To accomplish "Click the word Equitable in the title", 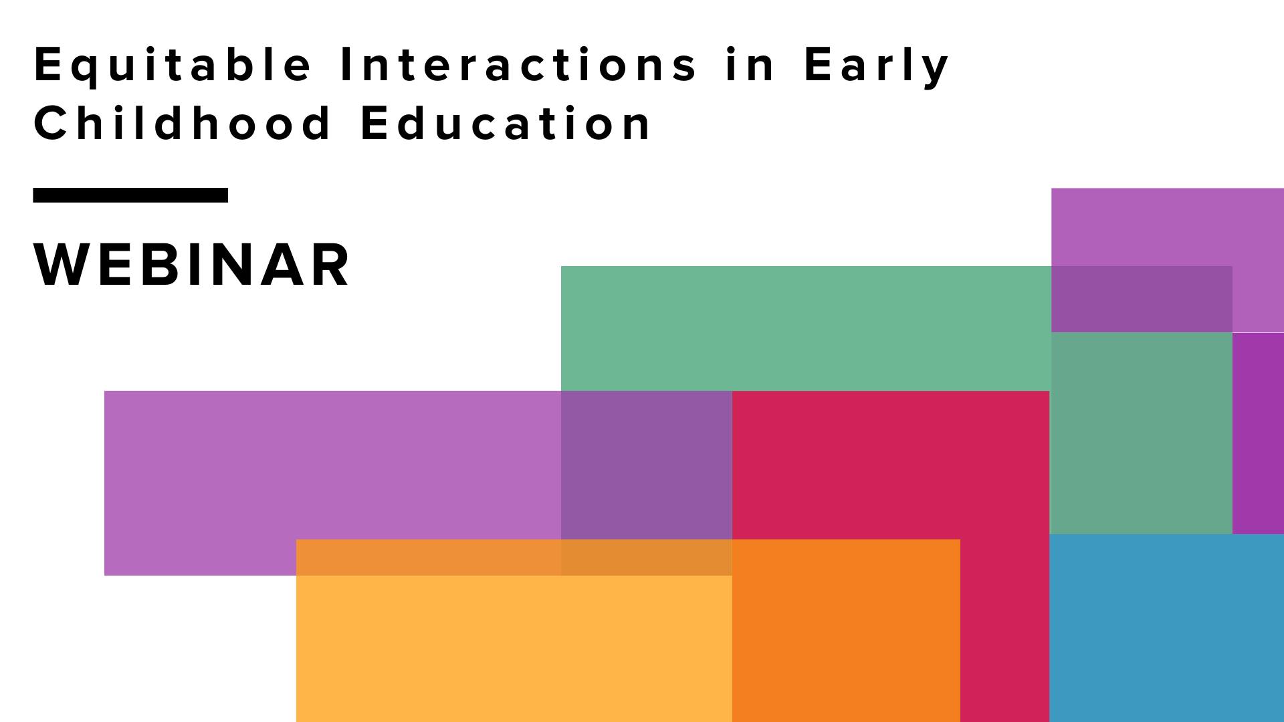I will tap(173, 65).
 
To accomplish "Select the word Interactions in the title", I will tap(518, 65).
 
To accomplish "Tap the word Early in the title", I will tap(876, 65).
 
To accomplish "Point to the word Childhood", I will tap(182, 124).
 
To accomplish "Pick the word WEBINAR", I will tap(192, 265).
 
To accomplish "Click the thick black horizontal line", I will tap(130, 195).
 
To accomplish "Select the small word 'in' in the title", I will tap(750, 65).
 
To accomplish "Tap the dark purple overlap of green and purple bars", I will tap(646, 465).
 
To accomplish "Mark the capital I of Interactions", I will tap(345, 65).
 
